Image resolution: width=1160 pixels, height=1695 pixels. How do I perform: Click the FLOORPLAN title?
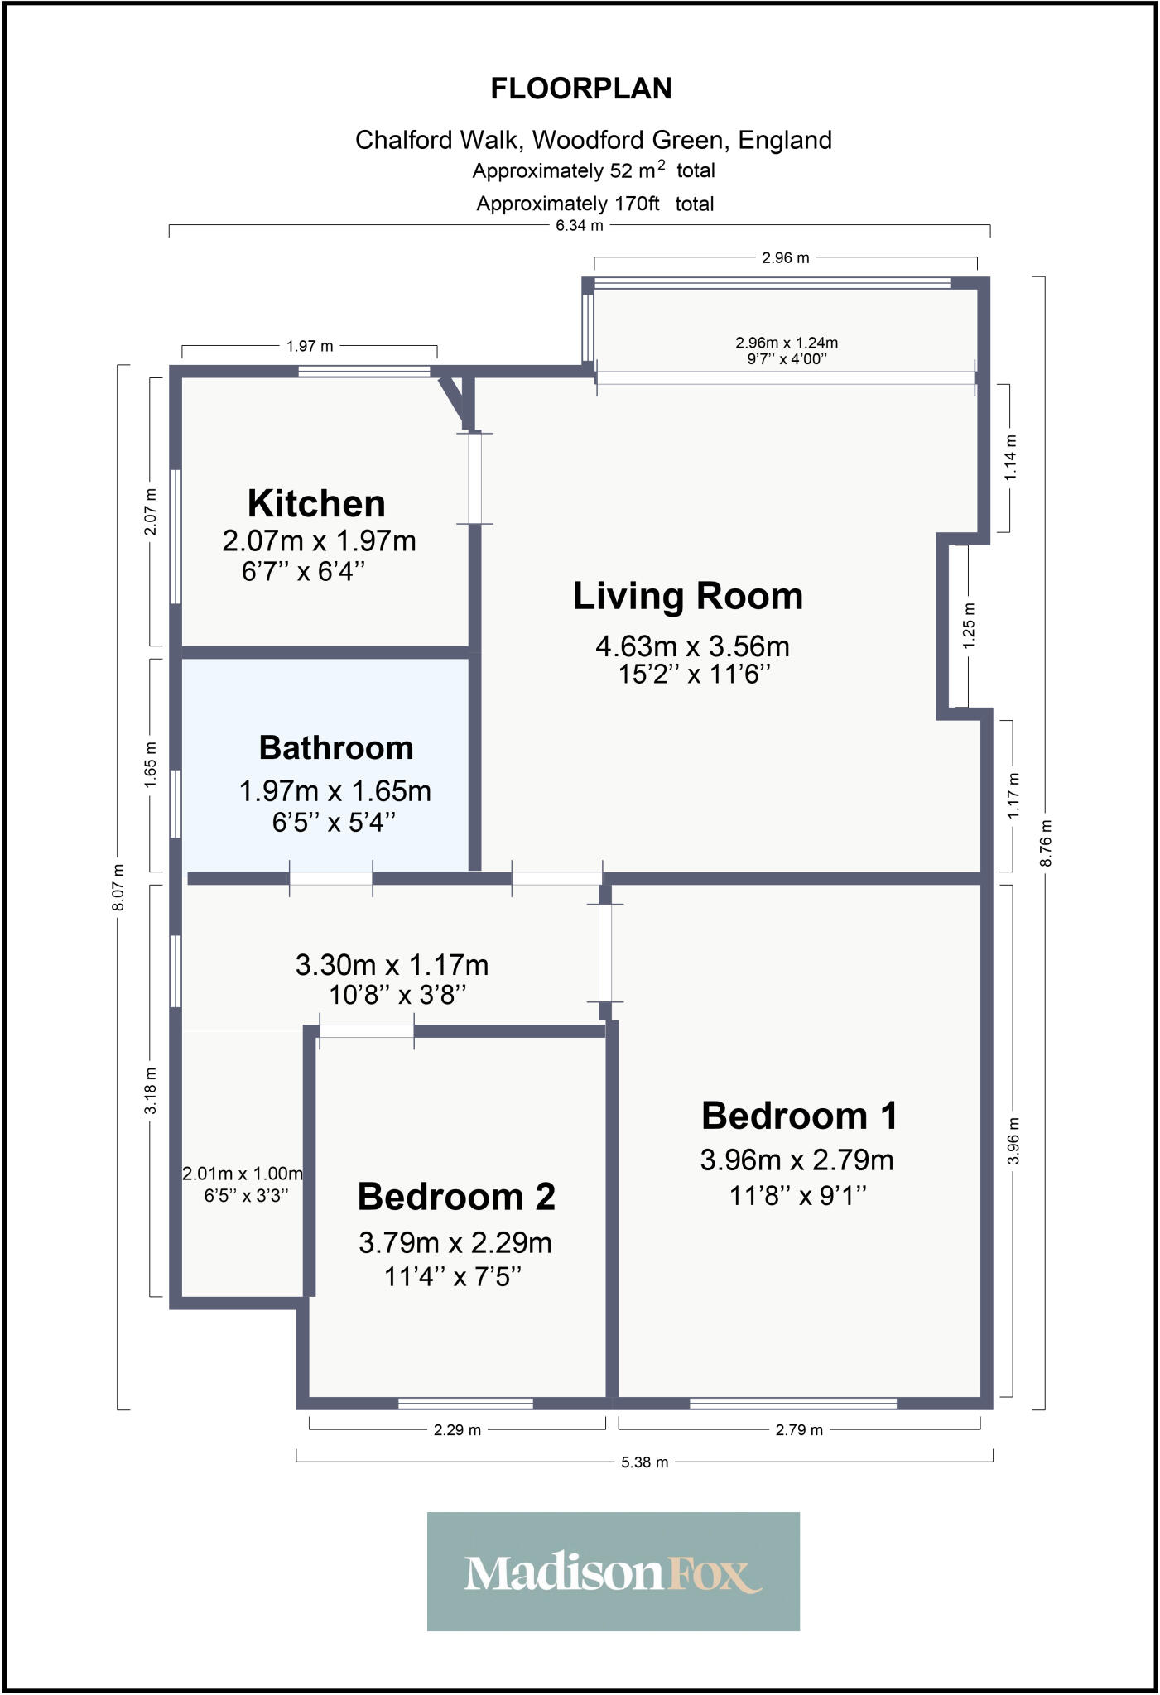coord(581,89)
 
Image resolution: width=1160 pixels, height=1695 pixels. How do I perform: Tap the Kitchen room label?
coord(316,503)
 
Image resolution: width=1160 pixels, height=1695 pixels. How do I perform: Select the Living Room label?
coord(688,596)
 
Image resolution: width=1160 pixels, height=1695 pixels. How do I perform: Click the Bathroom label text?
coord(336,747)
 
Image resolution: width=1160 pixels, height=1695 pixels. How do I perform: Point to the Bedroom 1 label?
coord(799,1116)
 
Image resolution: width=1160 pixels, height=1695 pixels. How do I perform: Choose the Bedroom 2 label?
coord(456,1196)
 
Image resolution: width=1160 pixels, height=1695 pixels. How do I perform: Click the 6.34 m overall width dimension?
coord(580,225)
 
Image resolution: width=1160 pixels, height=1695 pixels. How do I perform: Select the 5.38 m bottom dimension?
coord(644,1462)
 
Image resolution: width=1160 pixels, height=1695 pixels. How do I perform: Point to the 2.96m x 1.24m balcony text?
coord(786,343)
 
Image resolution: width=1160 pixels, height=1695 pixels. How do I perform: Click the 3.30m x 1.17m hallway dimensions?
coord(392,965)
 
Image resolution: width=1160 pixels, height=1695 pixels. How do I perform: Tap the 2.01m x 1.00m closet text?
coord(243,1174)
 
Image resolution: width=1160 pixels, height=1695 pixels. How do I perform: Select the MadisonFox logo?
coord(613,1572)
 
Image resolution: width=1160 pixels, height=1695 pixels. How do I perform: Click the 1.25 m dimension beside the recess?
coord(970,625)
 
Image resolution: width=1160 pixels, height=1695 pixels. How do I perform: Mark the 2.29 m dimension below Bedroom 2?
coord(457,1429)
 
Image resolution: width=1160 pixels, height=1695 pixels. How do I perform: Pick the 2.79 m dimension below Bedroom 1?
coord(799,1429)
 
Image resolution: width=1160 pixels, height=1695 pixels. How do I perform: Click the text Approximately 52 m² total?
coord(593,170)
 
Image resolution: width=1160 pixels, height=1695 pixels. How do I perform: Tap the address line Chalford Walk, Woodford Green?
coord(593,140)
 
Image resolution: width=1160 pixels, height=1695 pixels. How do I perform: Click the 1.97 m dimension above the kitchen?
coord(310,347)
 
